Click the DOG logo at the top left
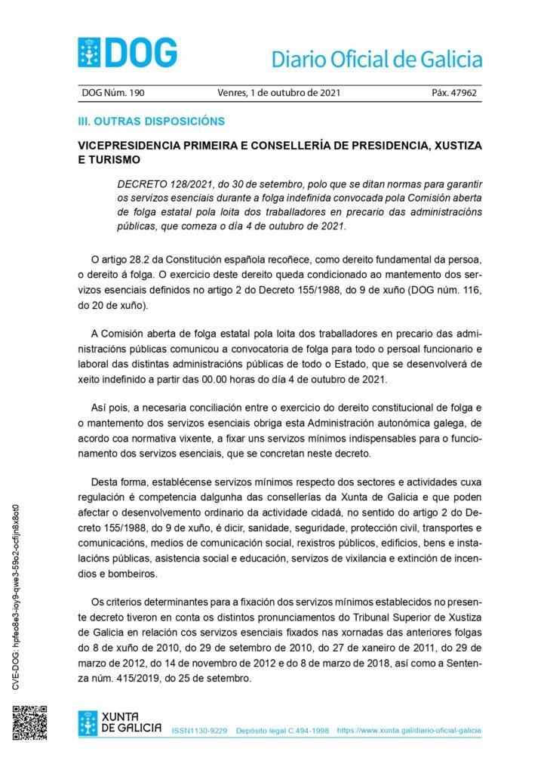(128, 53)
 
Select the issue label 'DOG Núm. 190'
(112, 94)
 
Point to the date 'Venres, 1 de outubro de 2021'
(278, 94)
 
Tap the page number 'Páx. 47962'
(454, 94)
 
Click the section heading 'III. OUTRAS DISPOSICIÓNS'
(152, 121)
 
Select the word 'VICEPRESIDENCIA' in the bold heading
(140, 145)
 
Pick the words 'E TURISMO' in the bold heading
(109, 160)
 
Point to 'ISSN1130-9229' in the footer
(199, 731)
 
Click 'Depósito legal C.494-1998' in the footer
(282, 731)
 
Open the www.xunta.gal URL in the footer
(408, 731)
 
